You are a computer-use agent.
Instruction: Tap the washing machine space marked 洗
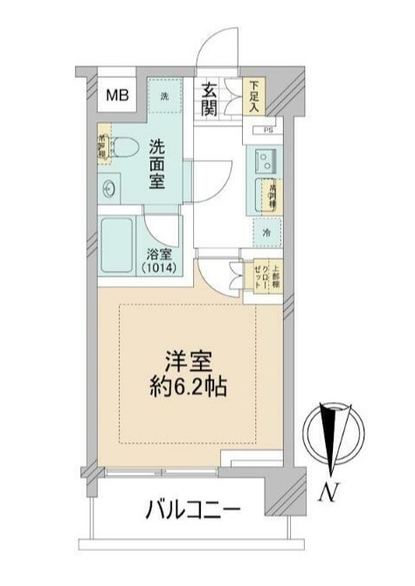click(165, 94)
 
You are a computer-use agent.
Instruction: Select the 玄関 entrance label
click(211, 98)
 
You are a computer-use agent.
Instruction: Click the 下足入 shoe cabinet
click(254, 96)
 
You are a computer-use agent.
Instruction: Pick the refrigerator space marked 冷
click(266, 232)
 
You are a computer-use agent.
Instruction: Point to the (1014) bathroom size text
click(162, 268)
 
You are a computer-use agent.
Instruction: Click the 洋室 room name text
click(188, 362)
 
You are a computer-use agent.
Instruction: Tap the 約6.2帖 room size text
click(188, 387)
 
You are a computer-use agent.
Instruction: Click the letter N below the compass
click(329, 492)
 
